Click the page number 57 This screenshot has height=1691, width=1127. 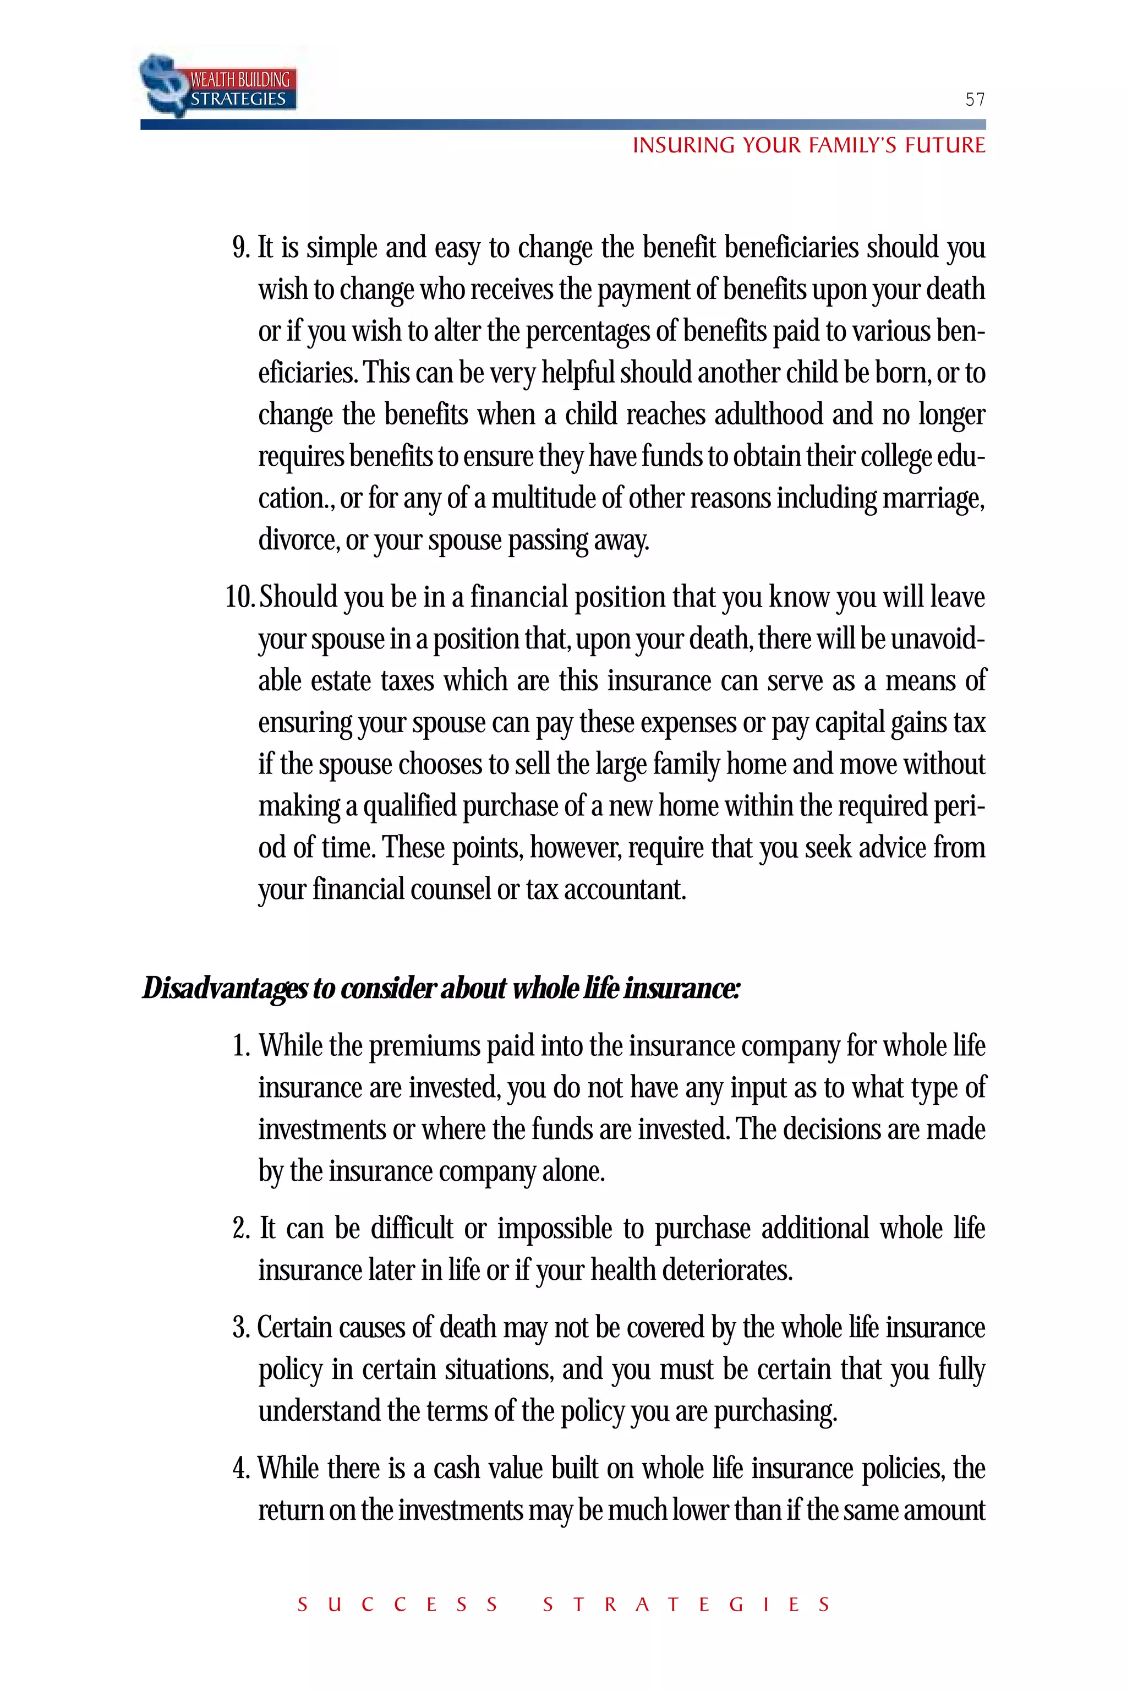coord(975,99)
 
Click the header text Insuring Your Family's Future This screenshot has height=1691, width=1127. coord(808,145)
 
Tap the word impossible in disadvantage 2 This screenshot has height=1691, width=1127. coord(555,1229)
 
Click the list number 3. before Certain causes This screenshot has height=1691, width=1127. coord(241,1328)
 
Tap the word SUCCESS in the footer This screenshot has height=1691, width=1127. coord(397,1605)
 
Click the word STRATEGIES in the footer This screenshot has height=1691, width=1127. coord(686,1605)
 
